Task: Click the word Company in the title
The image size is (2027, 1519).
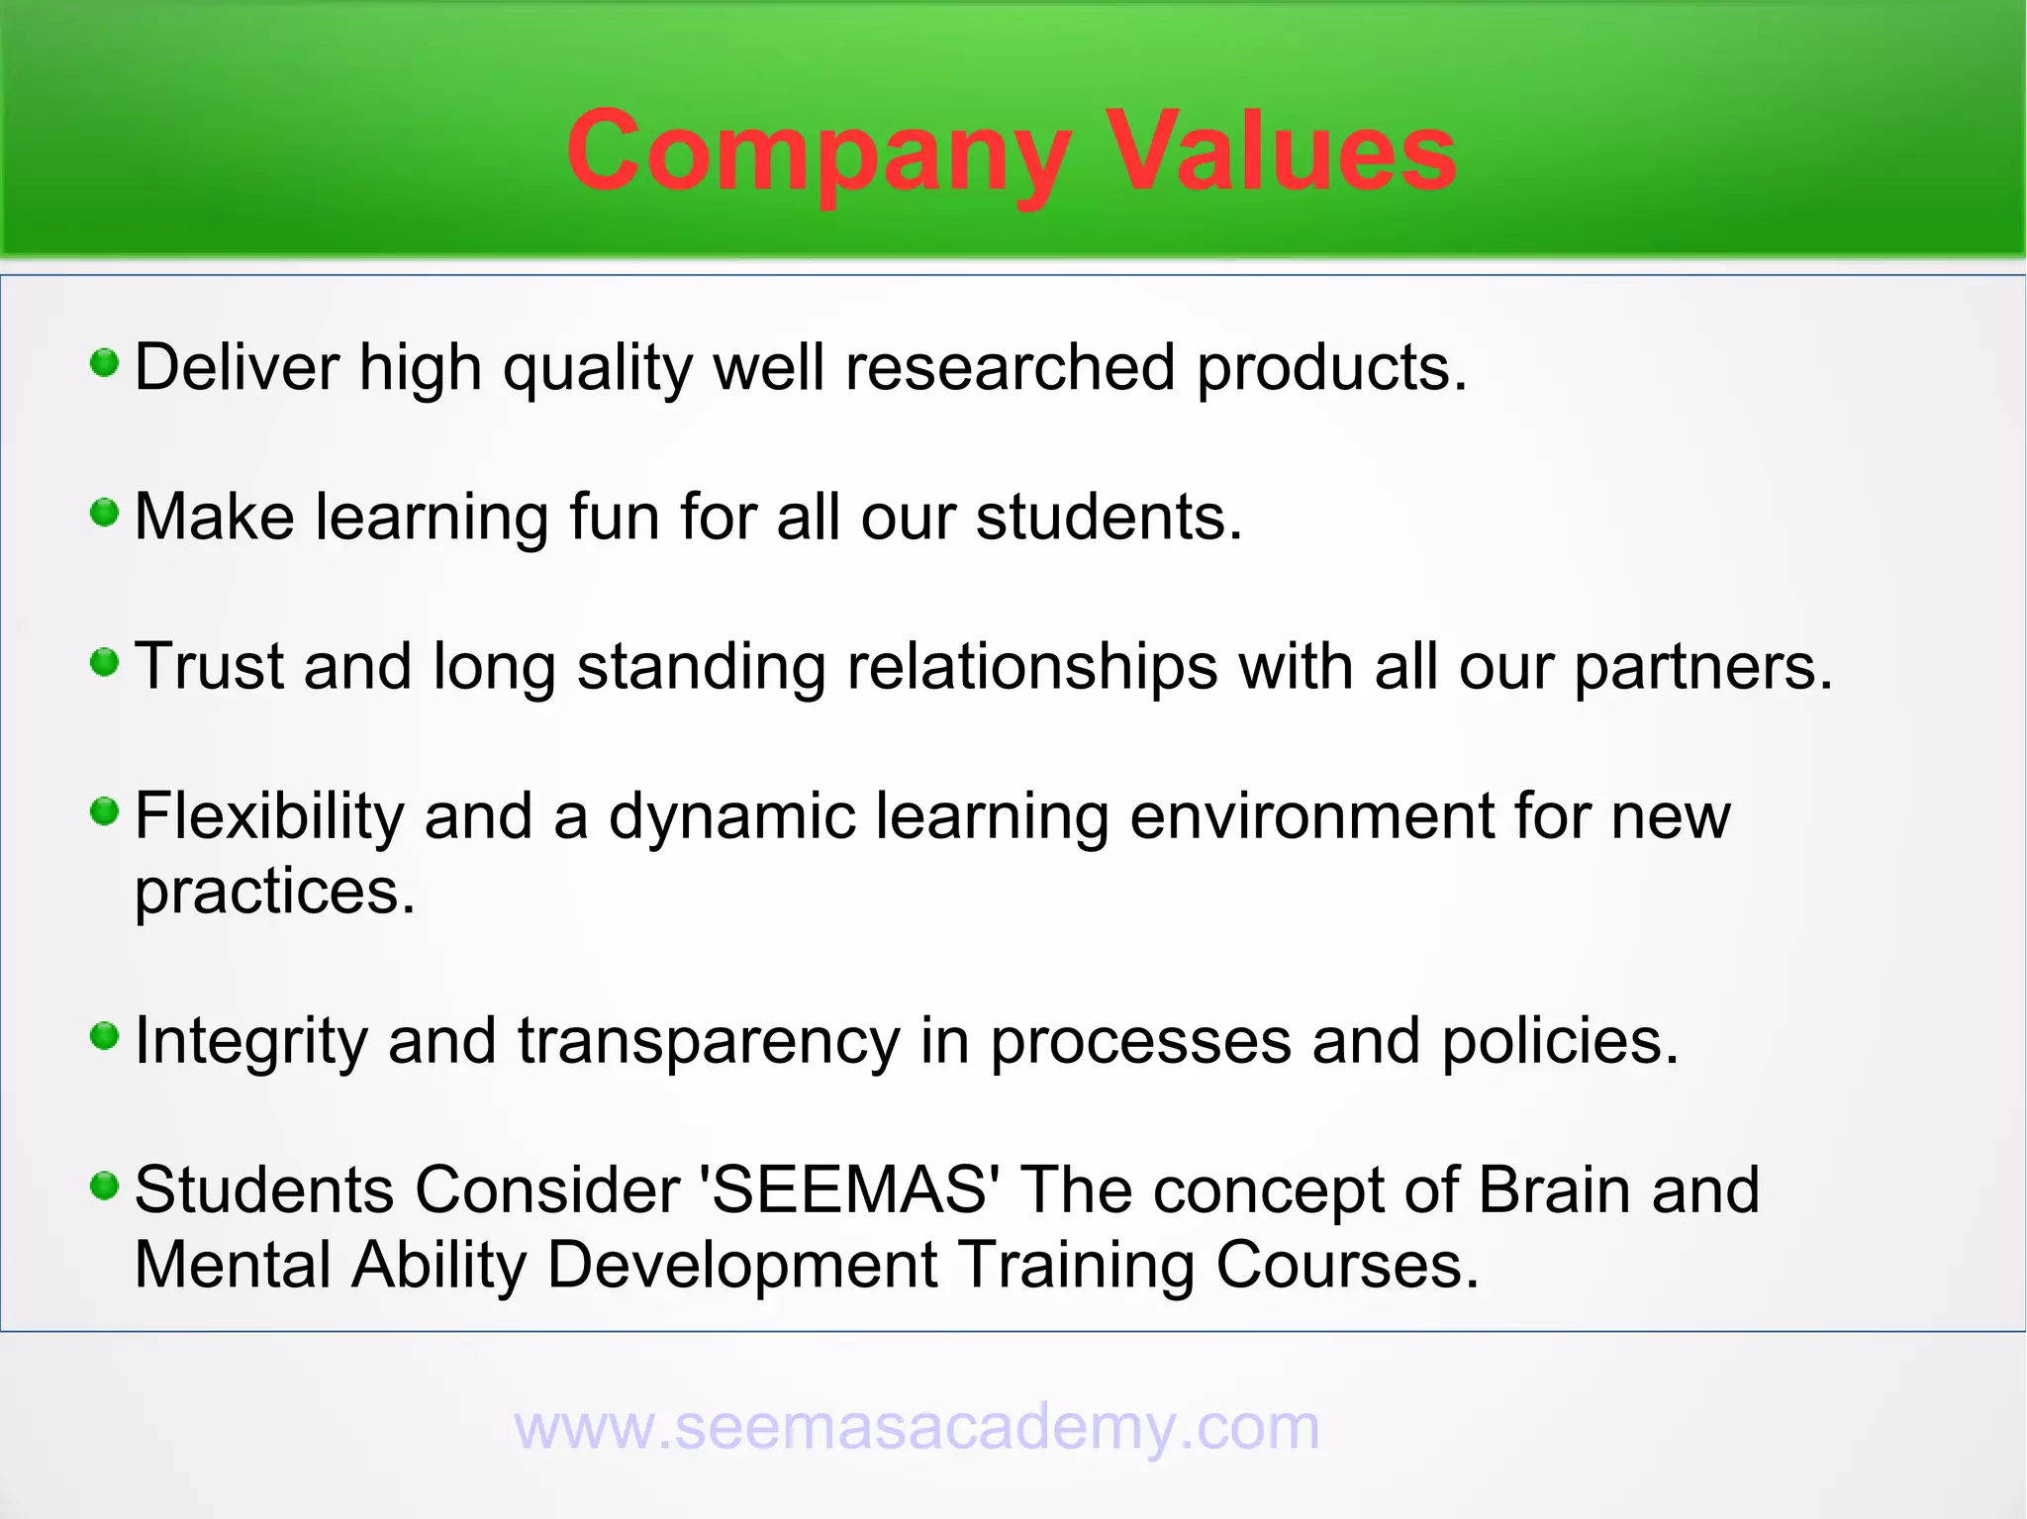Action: click(818, 153)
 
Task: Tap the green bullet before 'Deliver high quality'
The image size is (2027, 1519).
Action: click(104, 363)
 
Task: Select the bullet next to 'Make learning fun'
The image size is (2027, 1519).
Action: click(104, 513)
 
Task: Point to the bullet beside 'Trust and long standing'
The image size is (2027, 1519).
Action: click(104, 662)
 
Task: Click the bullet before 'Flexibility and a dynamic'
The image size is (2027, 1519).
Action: click(104, 812)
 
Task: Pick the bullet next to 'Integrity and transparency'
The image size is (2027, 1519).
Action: click(104, 1036)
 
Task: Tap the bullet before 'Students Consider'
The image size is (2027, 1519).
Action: click(104, 1185)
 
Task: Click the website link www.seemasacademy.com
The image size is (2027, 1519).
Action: click(917, 1427)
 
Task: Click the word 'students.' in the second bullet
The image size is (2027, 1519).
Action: click(1109, 518)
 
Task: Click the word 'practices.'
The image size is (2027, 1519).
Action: click(274, 893)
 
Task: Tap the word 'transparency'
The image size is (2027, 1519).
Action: click(709, 1041)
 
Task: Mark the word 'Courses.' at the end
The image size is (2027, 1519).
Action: click(1347, 1266)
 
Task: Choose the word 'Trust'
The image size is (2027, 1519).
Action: click(209, 668)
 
